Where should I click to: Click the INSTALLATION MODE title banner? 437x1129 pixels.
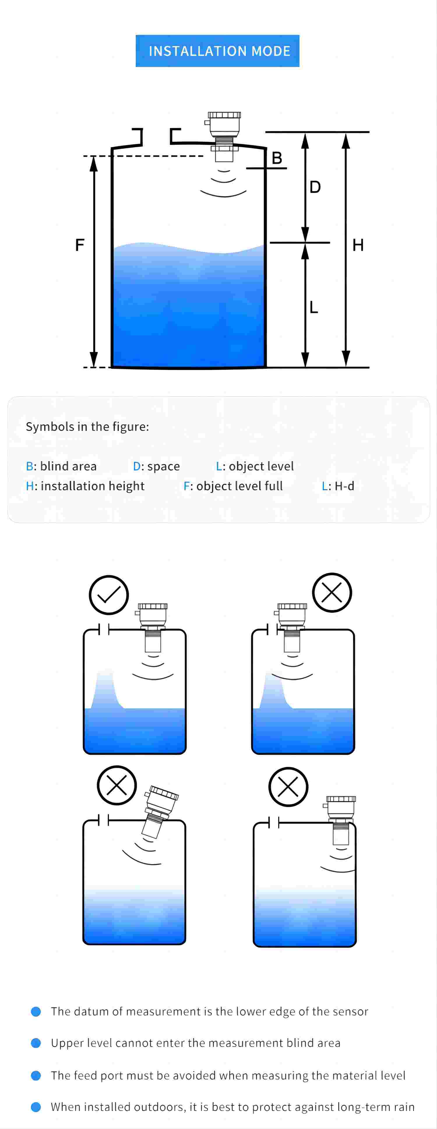point(218,51)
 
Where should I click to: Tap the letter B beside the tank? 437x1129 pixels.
point(277,158)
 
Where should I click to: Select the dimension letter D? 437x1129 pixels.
point(315,187)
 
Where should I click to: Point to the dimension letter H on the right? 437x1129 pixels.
point(358,245)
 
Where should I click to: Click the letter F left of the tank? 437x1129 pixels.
point(80,245)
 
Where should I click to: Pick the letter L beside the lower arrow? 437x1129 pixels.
point(314,307)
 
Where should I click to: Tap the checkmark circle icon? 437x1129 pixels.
point(109,595)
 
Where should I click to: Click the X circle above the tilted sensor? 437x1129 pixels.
point(117,785)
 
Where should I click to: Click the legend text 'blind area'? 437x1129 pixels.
point(68,466)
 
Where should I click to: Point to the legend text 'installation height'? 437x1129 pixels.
point(92,486)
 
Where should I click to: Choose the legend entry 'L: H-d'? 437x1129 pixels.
point(338,486)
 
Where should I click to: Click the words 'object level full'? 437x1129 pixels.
point(239,486)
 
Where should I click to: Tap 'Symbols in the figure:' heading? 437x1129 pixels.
point(87,427)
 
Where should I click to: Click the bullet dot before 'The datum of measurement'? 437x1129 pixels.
point(36,1012)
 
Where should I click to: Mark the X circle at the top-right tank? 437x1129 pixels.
point(332,592)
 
